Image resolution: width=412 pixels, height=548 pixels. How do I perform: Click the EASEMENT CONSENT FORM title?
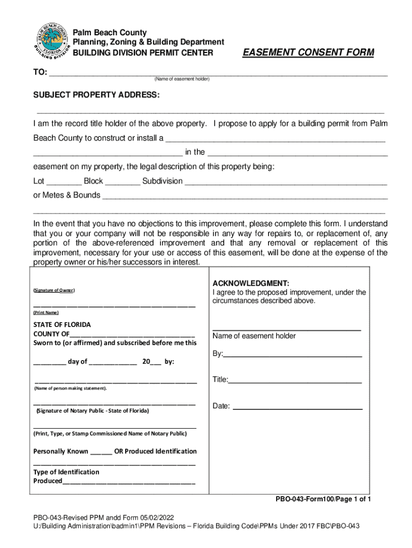pos(308,52)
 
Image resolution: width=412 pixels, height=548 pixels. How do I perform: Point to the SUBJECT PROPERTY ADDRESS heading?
pos(96,95)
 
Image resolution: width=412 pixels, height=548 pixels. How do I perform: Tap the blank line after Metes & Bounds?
pos(245,196)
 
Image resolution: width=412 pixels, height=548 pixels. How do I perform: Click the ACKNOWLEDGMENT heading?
pos(251,283)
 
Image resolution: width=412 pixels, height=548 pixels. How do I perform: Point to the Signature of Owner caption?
pos(54,290)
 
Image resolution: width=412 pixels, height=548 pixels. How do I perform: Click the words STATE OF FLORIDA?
pos(62,325)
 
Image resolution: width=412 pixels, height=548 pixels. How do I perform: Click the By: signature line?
pos(293,354)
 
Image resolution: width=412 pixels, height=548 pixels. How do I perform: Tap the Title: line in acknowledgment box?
pos(295,380)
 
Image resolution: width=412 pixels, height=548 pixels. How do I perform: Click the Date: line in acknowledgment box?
pos(299,407)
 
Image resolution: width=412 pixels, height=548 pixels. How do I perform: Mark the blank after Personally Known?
pos(101,452)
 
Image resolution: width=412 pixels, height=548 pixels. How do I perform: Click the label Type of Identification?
pos(66,472)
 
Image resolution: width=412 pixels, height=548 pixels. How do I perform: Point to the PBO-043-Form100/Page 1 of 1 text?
pos(323,499)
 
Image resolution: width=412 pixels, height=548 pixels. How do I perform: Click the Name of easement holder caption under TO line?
pos(182,79)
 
